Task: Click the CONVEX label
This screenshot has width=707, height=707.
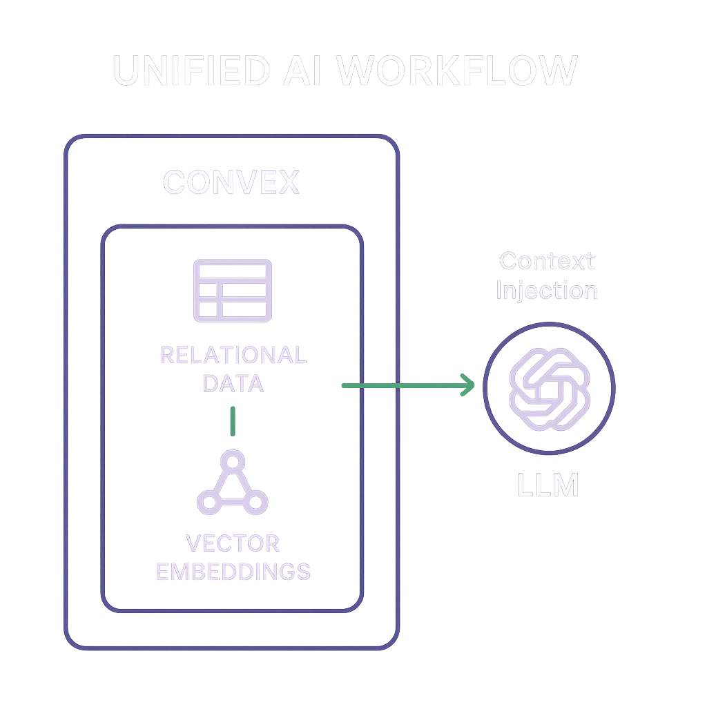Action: pos(231,182)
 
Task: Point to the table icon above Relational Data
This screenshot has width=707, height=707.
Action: pos(233,290)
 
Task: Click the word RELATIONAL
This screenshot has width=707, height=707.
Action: pos(233,356)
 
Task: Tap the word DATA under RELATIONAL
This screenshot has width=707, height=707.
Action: pos(233,383)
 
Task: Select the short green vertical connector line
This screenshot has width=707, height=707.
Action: pos(233,420)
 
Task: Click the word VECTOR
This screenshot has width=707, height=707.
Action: pos(233,543)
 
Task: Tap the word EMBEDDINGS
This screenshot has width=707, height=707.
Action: pos(233,572)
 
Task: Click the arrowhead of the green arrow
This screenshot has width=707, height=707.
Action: pos(468,385)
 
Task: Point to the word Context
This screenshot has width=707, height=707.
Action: pos(547,261)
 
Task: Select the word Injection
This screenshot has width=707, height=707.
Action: pos(547,290)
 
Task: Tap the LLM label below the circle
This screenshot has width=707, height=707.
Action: pos(548,485)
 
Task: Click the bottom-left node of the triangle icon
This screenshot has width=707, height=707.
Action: pos(209,502)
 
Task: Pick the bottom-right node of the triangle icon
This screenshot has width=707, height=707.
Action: pos(256,502)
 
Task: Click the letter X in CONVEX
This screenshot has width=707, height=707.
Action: pos(288,182)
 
